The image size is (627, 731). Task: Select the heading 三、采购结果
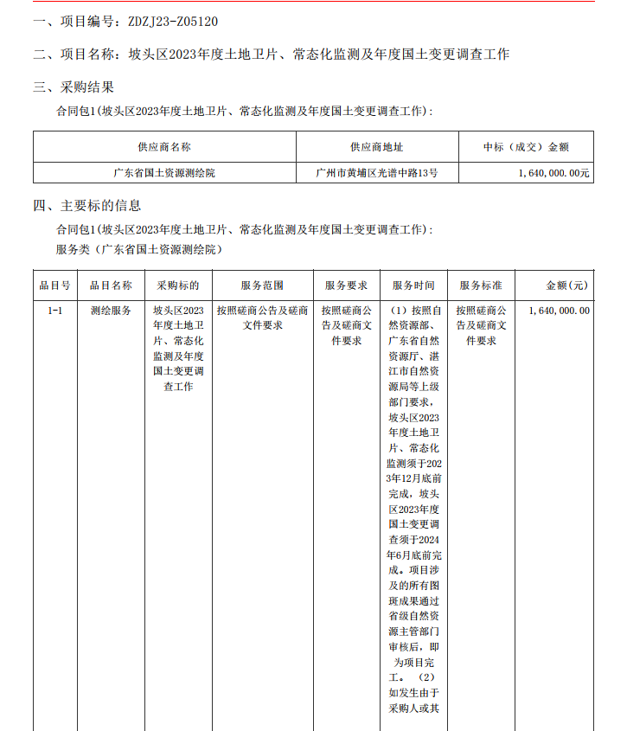pyautogui.click(x=74, y=87)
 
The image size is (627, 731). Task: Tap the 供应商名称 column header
pyautogui.click(x=164, y=147)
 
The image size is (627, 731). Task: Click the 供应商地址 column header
pyautogui.click(x=376, y=147)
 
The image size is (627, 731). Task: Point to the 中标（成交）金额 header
pyautogui.click(x=525, y=147)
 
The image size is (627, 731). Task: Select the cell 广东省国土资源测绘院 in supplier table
pyautogui.click(x=164, y=173)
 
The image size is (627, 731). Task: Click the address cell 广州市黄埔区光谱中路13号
pyautogui.click(x=376, y=173)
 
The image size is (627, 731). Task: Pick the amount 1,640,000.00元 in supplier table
pyautogui.click(x=554, y=173)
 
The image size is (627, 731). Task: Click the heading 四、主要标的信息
pyautogui.click(x=87, y=206)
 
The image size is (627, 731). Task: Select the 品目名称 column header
pyautogui.click(x=111, y=285)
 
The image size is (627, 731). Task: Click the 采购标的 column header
pyautogui.click(x=178, y=285)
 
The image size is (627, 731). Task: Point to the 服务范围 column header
pyautogui.click(x=262, y=285)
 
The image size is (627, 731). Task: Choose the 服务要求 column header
pyautogui.click(x=346, y=285)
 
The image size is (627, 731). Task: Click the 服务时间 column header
pyautogui.click(x=413, y=285)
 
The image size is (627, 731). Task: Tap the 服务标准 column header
pyautogui.click(x=481, y=285)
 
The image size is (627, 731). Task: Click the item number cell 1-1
pyautogui.click(x=54, y=310)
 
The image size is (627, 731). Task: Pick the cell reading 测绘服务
pyautogui.click(x=111, y=310)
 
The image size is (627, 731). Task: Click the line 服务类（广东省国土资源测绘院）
pyautogui.click(x=139, y=250)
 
